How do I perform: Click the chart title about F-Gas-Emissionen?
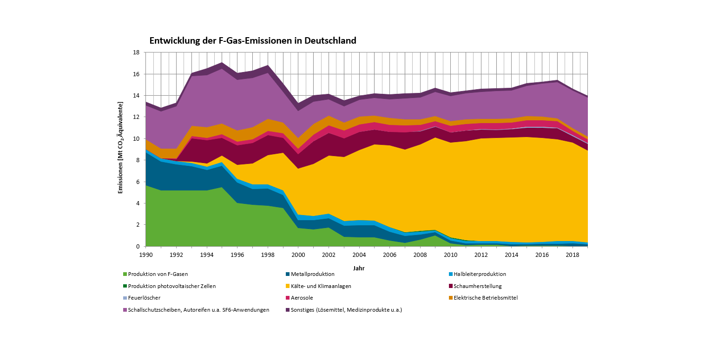[x=252, y=41]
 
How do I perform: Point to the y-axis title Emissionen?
[x=120, y=149]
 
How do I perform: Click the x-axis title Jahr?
[x=358, y=268]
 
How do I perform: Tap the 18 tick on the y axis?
[x=136, y=52]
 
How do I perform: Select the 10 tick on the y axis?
[x=136, y=139]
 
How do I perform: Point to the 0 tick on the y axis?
[x=138, y=246]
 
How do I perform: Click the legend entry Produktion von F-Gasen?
[x=158, y=274]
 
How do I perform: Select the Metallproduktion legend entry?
[x=312, y=274]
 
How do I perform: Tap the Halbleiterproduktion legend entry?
[x=480, y=274]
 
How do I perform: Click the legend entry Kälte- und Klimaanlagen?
[x=321, y=286]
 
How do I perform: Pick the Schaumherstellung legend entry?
[x=477, y=286]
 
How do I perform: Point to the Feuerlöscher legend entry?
[x=144, y=298]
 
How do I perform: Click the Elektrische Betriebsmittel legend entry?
[x=485, y=298]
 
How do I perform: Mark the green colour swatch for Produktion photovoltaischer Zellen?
[x=125, y=286]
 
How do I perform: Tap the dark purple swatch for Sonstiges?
[x=288, y=310]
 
